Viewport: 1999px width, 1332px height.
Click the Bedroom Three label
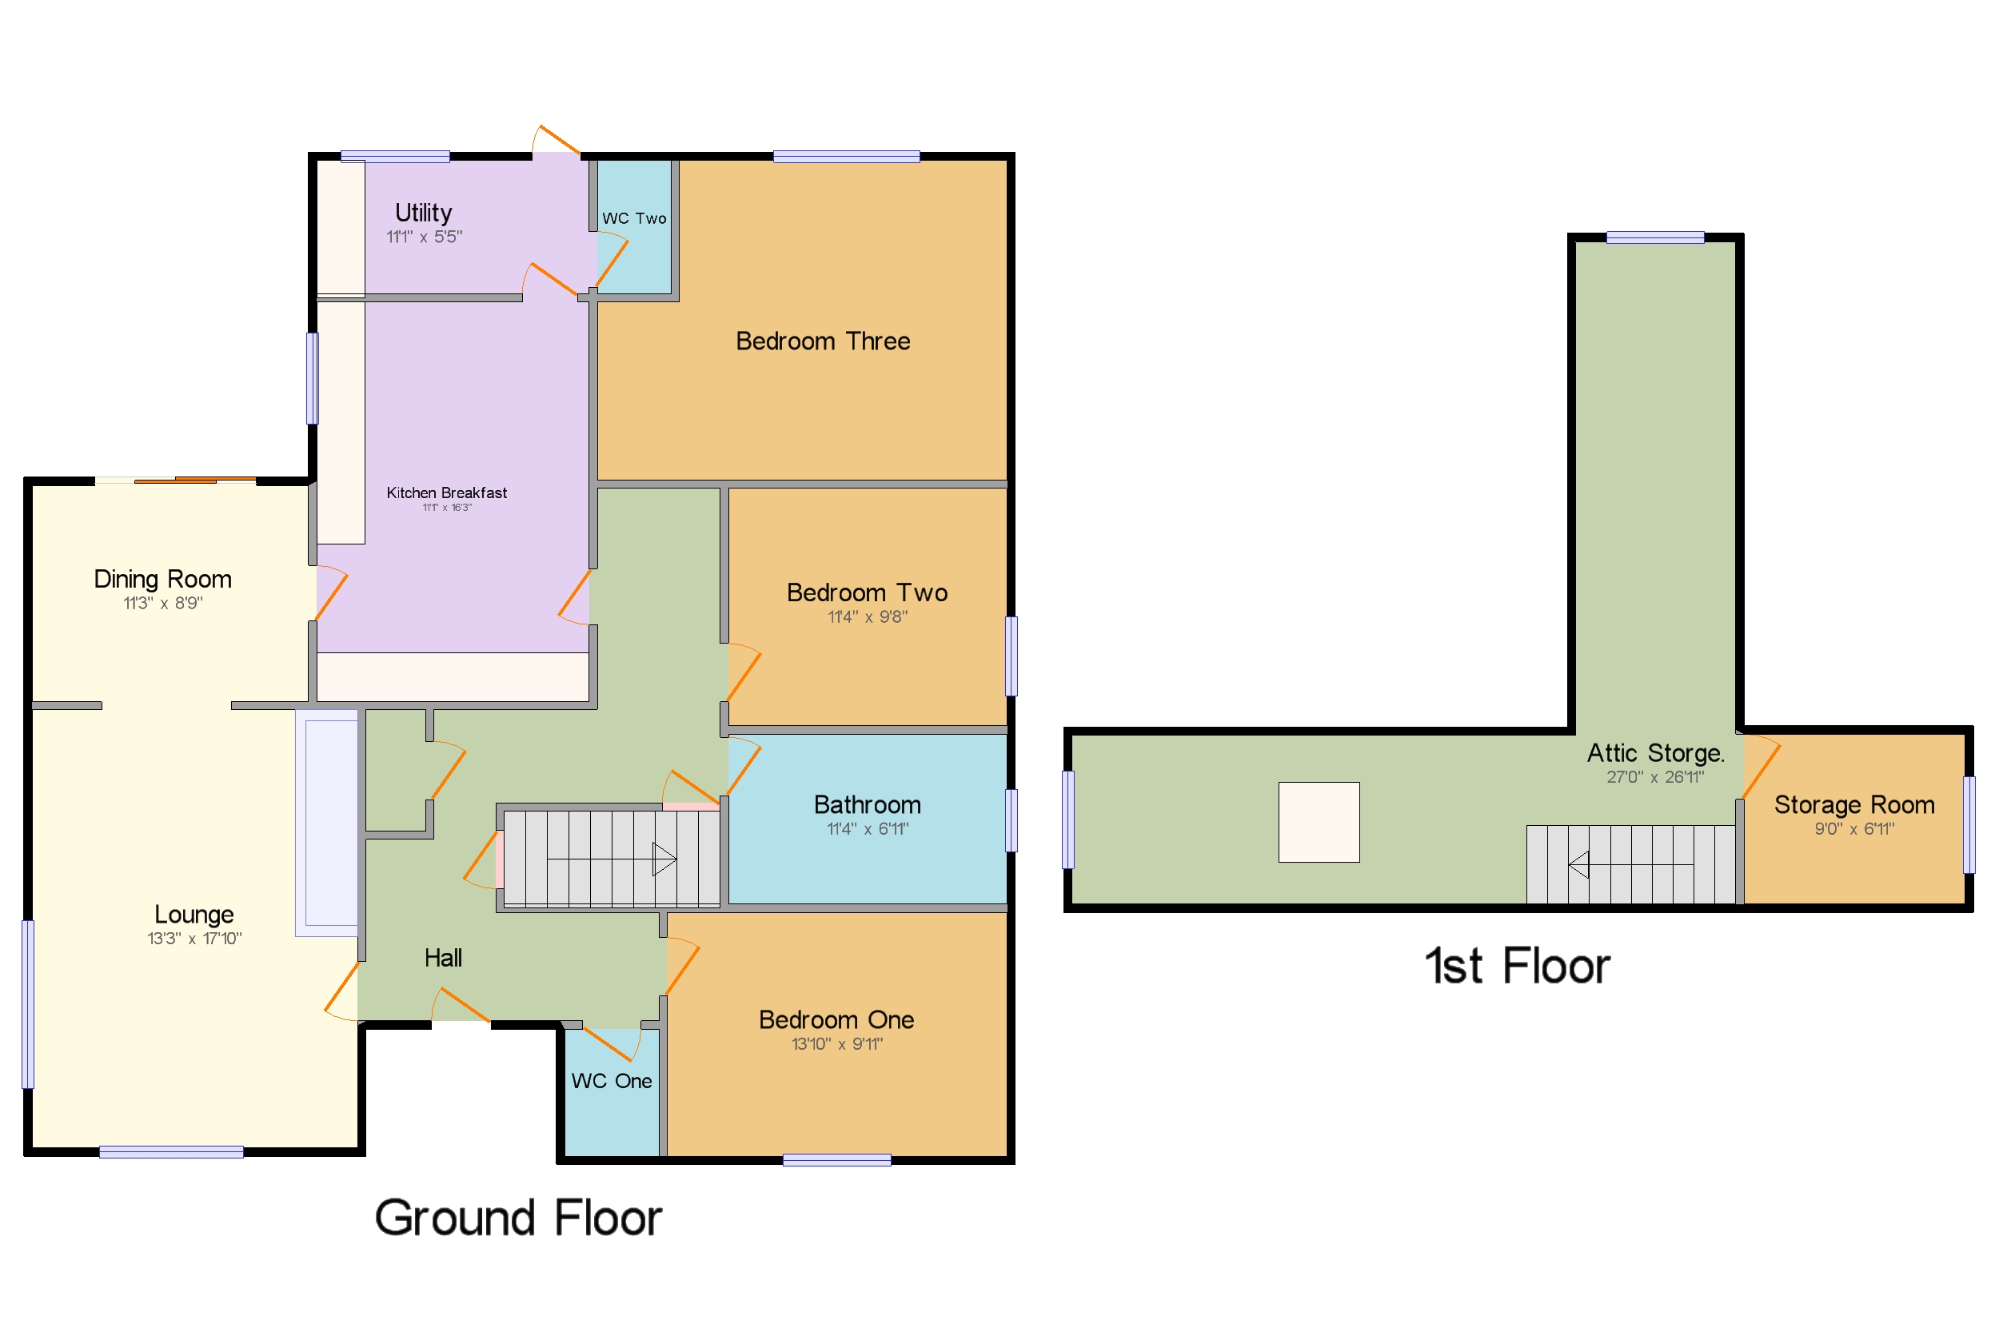821,341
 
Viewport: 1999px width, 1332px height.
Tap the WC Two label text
634,218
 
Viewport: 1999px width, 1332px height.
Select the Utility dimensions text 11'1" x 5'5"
424,237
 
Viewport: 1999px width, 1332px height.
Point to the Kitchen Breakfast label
446,493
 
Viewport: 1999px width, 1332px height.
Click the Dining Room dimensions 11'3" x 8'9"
162,603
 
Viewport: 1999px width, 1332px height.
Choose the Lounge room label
194,914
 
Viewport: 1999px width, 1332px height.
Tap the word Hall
443,958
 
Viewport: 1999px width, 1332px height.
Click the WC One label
611,1081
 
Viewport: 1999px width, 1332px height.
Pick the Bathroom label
867,804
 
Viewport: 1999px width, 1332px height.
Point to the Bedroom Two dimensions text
867,616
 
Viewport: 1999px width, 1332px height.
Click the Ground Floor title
517,1218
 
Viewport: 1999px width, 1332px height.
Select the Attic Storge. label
1654,752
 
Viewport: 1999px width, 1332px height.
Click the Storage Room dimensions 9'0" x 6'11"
1853,828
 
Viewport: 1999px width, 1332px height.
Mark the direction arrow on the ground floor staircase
663,859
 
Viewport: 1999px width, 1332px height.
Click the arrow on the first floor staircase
1578,865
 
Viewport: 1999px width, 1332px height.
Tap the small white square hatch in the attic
1318,821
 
